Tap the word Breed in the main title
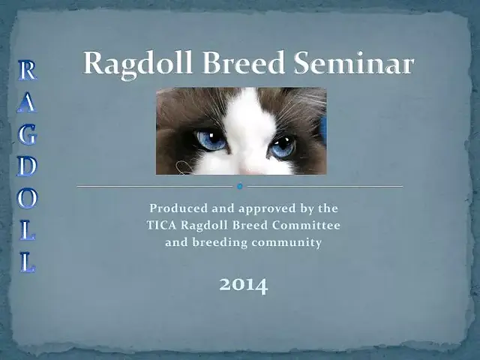[x=244, y=62]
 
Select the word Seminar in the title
[x=354, y=62]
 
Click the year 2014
[x=244, y=285]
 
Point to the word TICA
[x=161, y=225]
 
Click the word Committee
[x=306, y=225]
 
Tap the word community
[x=286, y=243]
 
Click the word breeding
[x=220, y=243]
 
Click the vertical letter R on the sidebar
[x=27, y=70]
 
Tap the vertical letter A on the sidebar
[x=27, y=102]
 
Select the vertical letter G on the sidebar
[x=27, y=134]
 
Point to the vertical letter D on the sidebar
[x=27, y=166]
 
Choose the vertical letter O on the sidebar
[x=27, y=198]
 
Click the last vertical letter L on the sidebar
[x=28, y=262]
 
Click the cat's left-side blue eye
[x=211, y=140]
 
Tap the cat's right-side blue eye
[x=283, y=147]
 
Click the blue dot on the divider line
[x=240, y=186]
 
